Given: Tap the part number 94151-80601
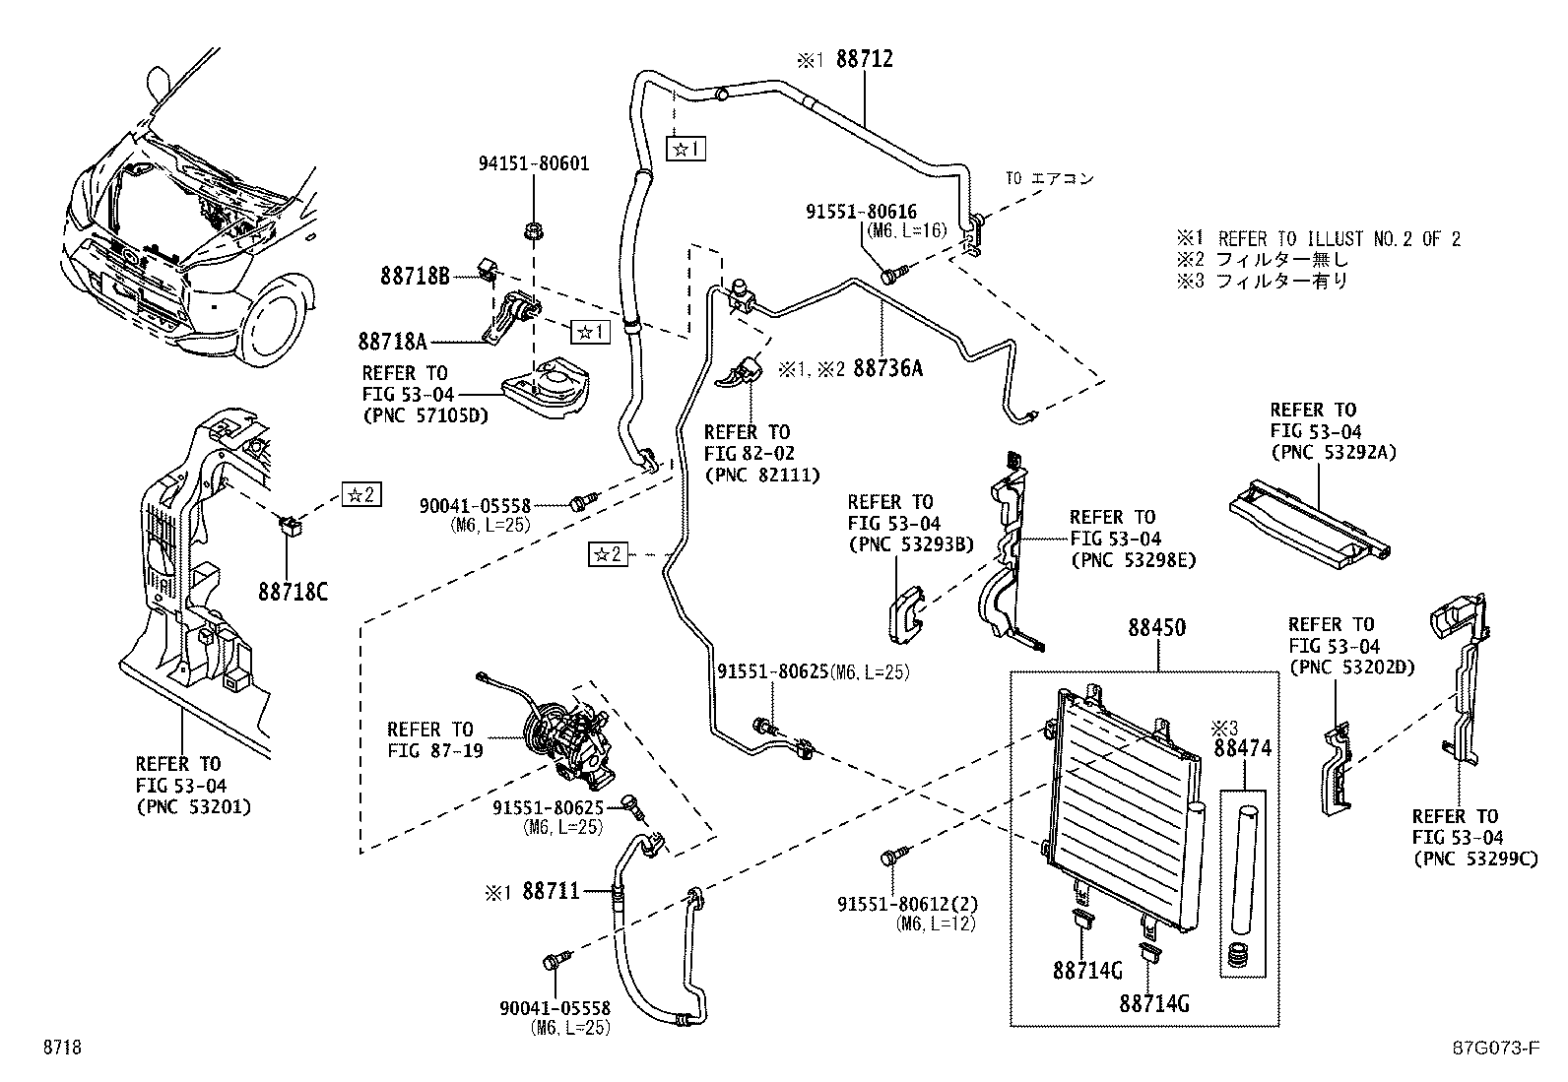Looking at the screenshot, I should tap(534, 163).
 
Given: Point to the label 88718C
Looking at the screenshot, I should tap(293, 592).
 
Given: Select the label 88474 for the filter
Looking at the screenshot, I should tap(1242, 748).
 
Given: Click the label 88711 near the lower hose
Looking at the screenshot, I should tap(551, 891).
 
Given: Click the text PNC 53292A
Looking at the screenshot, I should tap(1334, 453).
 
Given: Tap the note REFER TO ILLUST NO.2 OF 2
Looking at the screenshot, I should tap(1339, 238).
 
